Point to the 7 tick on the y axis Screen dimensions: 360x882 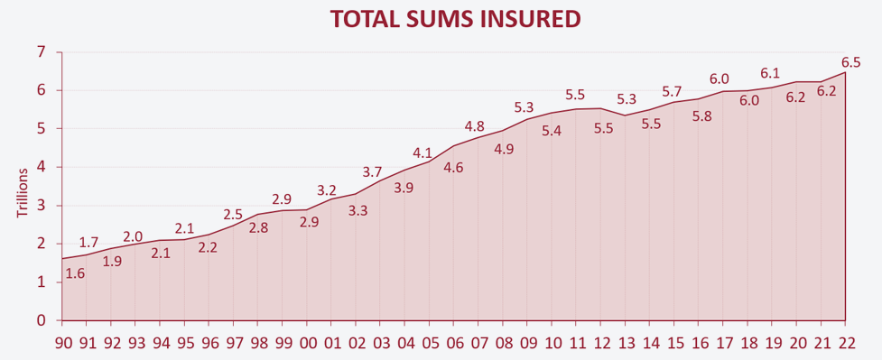tap(40, 52)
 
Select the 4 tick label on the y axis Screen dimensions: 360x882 tap(40, 167)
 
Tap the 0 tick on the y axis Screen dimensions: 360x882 tap(40, 320)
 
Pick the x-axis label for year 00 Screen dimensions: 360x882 tap(307, 344)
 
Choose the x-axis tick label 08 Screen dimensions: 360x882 tap(503, 344)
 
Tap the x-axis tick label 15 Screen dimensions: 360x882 tap(674, 344)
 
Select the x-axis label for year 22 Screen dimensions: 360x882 tap(845, 344)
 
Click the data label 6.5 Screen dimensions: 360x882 tap(850, 62)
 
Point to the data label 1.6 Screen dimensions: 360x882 tap(76, 273)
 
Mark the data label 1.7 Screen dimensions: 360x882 tap(88, 242)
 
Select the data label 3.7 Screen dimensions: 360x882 tap(372, 171)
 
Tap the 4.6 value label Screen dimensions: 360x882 tap(453, 168)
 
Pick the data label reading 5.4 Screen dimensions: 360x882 tap(552, 131)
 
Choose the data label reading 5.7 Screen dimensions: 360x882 tap(671, 92)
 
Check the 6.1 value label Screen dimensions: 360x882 tap(770, 73)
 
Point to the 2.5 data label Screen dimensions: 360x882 tap(233, 215)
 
